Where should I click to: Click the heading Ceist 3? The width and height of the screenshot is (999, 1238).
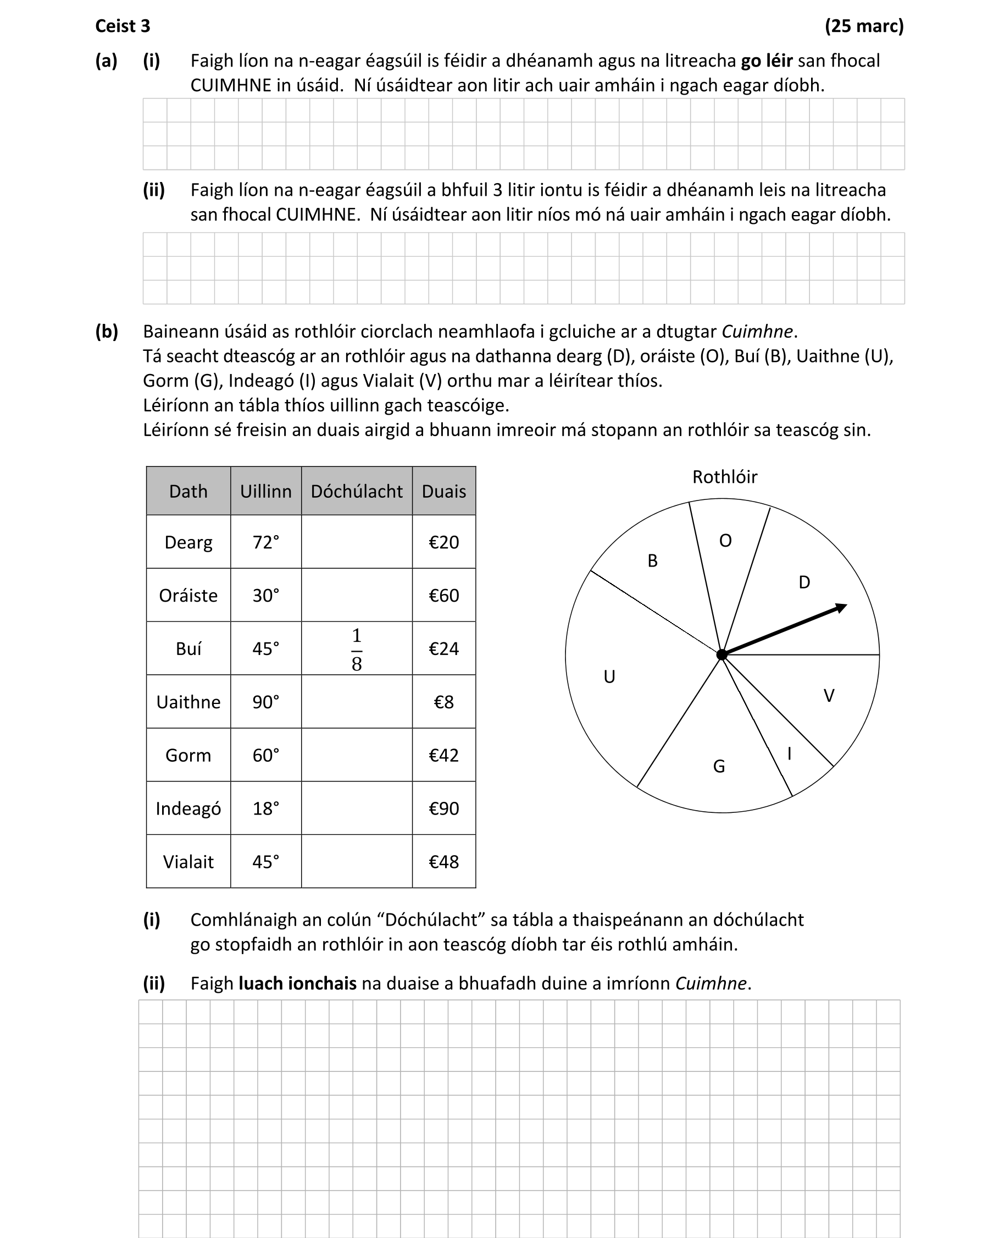coord(123,26)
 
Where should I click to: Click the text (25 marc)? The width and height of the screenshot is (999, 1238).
coord(864,26)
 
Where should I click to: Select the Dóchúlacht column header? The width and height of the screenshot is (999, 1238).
coord(356,491)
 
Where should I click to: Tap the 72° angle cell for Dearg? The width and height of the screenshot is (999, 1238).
coord(265,542)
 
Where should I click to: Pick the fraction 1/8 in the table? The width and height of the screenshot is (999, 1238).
coord(356,649)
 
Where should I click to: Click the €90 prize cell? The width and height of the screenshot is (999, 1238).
coord(443,808)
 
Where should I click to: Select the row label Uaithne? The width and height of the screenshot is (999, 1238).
coord(188,702)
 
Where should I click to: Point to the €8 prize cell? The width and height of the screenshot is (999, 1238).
coord(443,702)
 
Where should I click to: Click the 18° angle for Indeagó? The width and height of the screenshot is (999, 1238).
coord(265,808)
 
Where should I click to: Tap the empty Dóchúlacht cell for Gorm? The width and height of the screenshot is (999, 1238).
coord(356,755)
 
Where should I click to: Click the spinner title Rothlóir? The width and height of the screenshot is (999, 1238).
coord(724,477)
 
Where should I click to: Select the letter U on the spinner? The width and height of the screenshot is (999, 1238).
coord(609,676)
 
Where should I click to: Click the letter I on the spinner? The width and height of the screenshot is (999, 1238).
coord(790,753)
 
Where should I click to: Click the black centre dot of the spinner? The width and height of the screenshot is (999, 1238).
coord(722,654)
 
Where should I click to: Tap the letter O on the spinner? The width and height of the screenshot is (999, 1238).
coord(725,541)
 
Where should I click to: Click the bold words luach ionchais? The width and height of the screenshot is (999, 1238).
coord(297,983)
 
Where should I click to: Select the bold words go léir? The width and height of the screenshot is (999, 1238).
coord(767,61)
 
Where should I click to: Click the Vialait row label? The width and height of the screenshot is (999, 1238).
coord(188,862)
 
